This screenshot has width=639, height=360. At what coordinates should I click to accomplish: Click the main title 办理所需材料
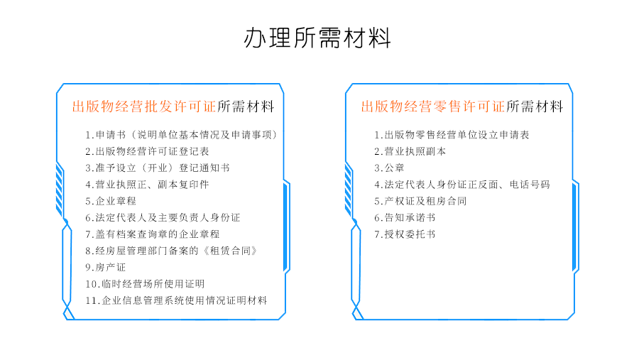317,38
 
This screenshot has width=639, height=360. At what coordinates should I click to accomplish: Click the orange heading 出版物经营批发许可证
144,107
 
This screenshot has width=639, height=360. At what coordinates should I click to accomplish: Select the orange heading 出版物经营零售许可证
433,107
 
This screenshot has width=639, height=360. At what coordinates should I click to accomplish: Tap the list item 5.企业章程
111,201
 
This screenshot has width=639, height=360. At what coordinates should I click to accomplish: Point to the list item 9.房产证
106,268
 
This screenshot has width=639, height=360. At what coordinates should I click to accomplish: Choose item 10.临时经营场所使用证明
145,284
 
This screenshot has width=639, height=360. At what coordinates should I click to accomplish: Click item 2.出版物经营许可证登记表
147,151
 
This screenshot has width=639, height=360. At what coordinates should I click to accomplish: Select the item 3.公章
389,168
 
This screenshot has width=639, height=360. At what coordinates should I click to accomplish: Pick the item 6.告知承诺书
405,218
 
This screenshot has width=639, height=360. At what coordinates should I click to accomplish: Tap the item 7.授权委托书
405,234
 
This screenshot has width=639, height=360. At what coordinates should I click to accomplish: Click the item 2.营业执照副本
410,151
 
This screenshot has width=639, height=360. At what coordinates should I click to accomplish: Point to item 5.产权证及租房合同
420,201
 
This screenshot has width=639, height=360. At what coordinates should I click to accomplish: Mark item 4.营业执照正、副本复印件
147,185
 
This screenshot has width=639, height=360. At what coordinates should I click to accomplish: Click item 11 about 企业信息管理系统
177,300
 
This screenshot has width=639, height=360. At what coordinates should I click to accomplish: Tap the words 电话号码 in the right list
530,185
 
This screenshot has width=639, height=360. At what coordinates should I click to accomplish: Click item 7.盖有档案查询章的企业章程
153,234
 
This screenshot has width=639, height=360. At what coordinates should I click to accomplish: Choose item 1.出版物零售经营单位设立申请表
452,135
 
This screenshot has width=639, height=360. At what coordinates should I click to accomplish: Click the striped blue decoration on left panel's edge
60,189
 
